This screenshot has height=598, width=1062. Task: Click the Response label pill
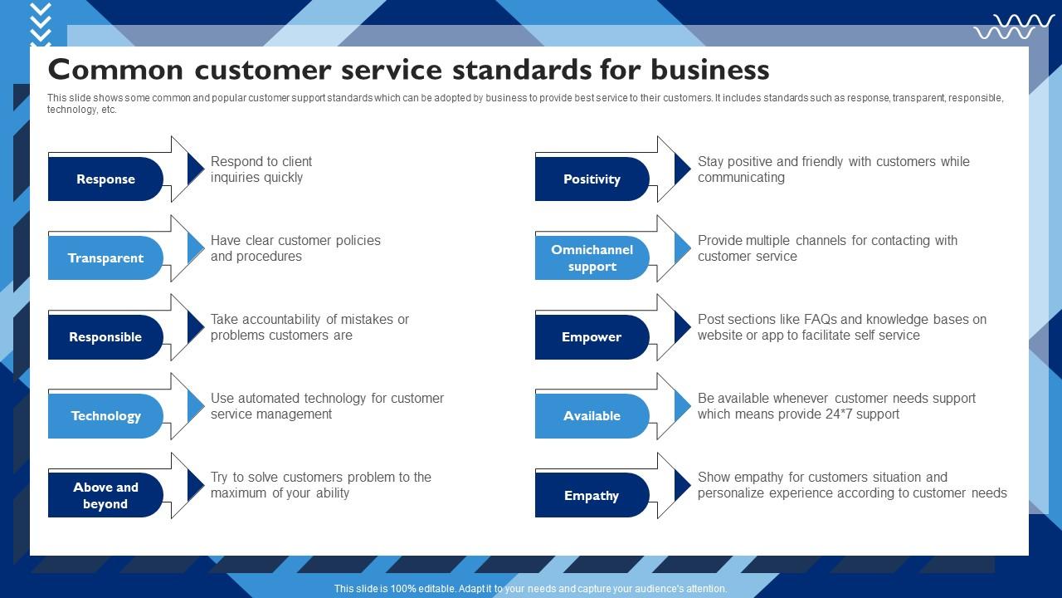pyautogui.click(x=105, y=179)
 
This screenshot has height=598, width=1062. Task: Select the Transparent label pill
pyautogui.click(x=105, y=257)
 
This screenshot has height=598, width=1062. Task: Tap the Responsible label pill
pyautogui.click(x=105, y=336)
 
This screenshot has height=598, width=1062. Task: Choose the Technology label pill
pyautogui.click(x=105, y=415)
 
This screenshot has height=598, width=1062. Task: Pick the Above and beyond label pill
pyautogui.click(x=105, y=495)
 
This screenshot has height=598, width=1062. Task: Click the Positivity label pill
pyautogui.click(x=592, y=179)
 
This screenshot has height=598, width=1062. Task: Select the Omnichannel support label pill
pyautogui.click(x=592, y=257)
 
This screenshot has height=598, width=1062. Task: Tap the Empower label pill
pyautogui.click(x=592, y=336)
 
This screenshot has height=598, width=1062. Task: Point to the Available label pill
pyautogui.click(x=592, y=415)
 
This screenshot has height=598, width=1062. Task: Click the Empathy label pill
pyautogui.click(x=592, y=495)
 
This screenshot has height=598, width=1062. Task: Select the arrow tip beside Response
pyautogui.click(x=196, y=169)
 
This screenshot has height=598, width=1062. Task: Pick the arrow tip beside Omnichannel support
pyautogui.click(x=683, y=248)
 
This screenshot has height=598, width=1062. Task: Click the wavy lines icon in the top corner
pyautogui.click(x=1014, y=27)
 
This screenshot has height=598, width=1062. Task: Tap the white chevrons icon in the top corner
pyautogui.click(x=40, y=23)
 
